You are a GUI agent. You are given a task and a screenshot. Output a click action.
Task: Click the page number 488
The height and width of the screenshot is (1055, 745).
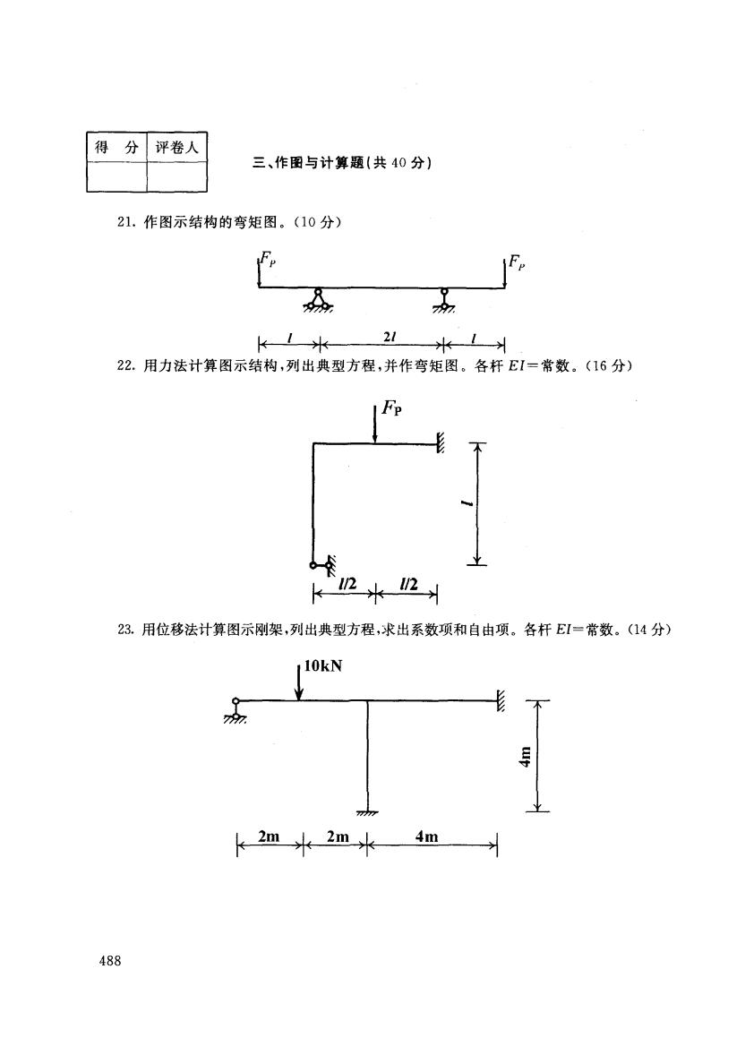tap(110, 961)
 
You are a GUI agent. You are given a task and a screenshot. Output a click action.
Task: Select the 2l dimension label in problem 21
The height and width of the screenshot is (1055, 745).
tap(390, 336)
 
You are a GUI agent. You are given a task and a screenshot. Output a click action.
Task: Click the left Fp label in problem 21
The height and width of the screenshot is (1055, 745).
tap(268, 258)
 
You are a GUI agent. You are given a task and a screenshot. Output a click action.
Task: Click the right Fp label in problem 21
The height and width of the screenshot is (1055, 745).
tap(517, 262)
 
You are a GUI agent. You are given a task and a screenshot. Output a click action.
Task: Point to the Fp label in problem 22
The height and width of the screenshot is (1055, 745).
tap(391, 407)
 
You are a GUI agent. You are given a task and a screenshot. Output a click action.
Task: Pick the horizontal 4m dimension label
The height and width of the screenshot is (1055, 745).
tap(427, 836)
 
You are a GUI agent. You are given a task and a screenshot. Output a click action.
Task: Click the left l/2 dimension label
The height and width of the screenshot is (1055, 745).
tap(347, 584)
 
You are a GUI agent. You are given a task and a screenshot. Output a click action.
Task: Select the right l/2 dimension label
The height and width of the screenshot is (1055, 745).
tap(408, 583)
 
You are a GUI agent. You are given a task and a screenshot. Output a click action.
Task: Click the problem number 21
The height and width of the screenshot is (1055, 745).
tap(126, 223)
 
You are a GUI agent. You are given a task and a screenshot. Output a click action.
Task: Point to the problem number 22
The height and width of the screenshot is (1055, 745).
tap(126, 366)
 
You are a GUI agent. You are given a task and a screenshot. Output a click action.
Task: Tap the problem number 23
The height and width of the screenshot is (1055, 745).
tap(126, 630)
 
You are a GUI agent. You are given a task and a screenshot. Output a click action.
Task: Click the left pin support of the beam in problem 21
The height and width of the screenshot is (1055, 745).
tap(318, 301)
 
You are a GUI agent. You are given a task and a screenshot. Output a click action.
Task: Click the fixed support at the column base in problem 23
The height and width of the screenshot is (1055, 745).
tap(367, 813)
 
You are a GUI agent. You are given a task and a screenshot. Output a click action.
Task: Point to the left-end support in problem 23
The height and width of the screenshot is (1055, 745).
tap(235, 711)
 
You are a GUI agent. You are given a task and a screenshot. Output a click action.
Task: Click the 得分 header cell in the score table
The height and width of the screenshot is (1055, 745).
tap(116, 148)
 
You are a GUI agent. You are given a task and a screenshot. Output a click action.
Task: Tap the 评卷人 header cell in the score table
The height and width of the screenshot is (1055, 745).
tap(177, 148)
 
